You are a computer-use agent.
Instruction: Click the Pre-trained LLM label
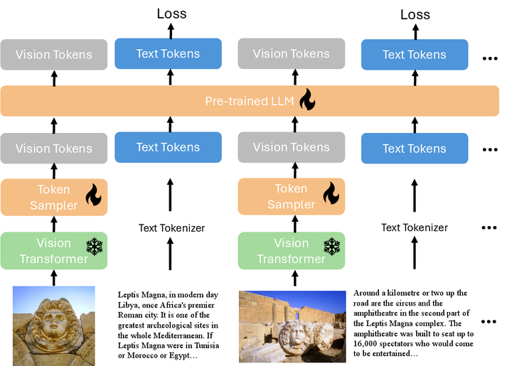pyautogui.click(x=250, y=101)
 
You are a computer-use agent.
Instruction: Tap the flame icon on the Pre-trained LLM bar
pyautogui.click(x=307, y=99)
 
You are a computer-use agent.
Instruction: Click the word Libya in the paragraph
pyautogui.click(x=127, y=306)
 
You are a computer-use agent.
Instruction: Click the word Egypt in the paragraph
pyautogui.click(x=179, y=356)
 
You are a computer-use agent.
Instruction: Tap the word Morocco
pyautogui.click(x=142, y=355)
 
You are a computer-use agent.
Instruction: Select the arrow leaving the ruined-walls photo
pyautogui.click(x=295, y=279)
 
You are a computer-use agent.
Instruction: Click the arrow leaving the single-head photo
pyautogui.click(x=54, y=278)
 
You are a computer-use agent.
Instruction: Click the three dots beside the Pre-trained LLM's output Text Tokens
pyautogui.click(x=490, y=59)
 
